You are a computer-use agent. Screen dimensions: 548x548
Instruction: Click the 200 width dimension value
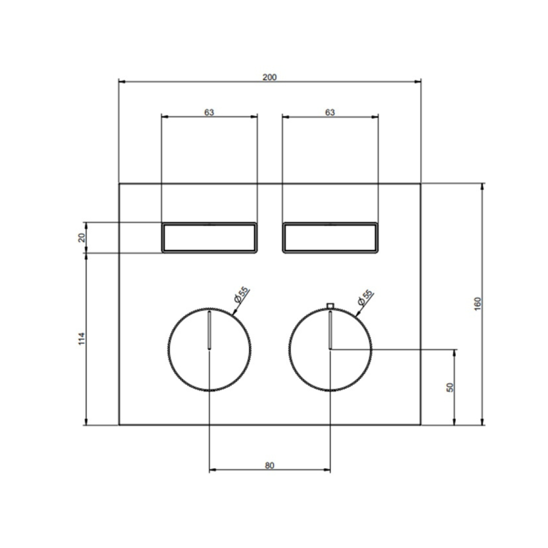click(x=269, y=77)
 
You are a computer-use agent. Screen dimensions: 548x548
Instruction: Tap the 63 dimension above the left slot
click(x=209, y=113)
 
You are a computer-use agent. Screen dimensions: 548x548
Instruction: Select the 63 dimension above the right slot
click(x=330, y=113)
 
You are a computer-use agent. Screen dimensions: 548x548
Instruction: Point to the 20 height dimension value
click(x=82, y=238)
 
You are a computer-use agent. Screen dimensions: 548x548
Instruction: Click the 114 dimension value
click(x=82, y=339)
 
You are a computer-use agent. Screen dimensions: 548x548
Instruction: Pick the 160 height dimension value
click(x=478, y=304)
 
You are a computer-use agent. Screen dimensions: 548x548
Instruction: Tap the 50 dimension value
click(x=450, y=387)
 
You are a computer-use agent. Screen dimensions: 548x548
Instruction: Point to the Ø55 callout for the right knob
click(x=365, y=298)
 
